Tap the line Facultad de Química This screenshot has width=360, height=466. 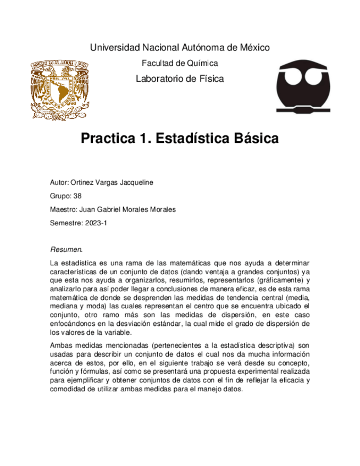(180, 63)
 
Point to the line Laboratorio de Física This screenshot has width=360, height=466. (180, 79)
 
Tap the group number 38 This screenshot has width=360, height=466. (77, 195)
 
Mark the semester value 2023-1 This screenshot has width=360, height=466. (96, 223)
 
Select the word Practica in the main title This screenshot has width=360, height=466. (106, 138)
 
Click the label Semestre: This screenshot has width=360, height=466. (65, 223)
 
